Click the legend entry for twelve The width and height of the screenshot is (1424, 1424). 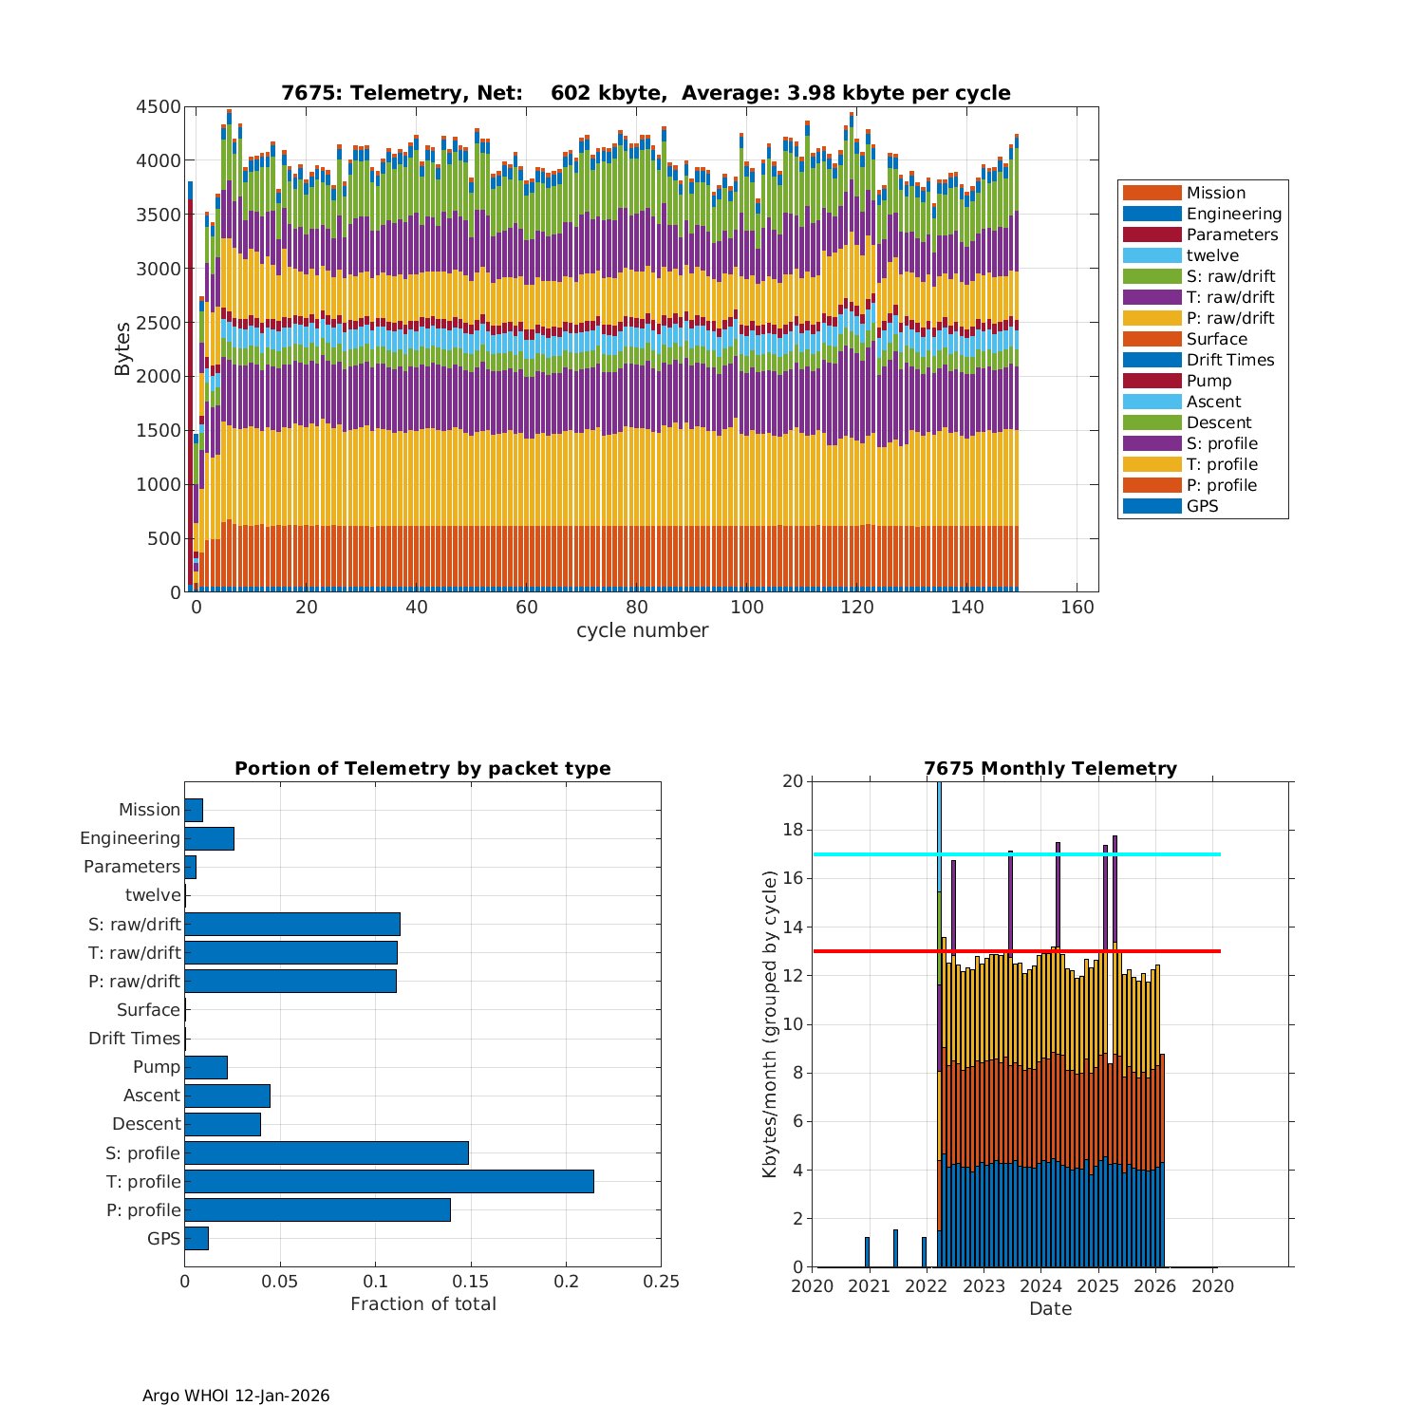click(x=1212, y=255)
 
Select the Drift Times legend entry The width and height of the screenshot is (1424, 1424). click(x=1229, y=360)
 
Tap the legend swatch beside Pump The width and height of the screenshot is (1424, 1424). click(x=1152, y=381)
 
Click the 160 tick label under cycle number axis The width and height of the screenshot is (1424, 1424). click(x=1077, y=608)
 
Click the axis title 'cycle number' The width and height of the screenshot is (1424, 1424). click(x=642, y=630)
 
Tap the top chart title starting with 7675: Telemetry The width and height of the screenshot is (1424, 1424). click(x=646, y=93)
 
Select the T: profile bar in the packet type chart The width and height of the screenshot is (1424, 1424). click(x=389, y=1181)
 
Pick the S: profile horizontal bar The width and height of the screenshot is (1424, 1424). click(x=327, y=1152)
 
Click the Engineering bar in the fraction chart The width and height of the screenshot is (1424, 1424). click(x=209, y=838)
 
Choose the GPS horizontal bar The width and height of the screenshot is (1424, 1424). click(x=197, y=1238)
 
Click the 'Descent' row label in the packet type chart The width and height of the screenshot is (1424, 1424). click(x=146, y=1124)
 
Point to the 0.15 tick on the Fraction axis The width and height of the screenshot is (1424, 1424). click(x=471, y=1282)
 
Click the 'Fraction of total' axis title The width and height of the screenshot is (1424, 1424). click(x=423, y=1304)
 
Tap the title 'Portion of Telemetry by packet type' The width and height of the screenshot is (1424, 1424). click(x=422, y=769)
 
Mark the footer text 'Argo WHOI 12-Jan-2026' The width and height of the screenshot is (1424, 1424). click(x=235, y=1396)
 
